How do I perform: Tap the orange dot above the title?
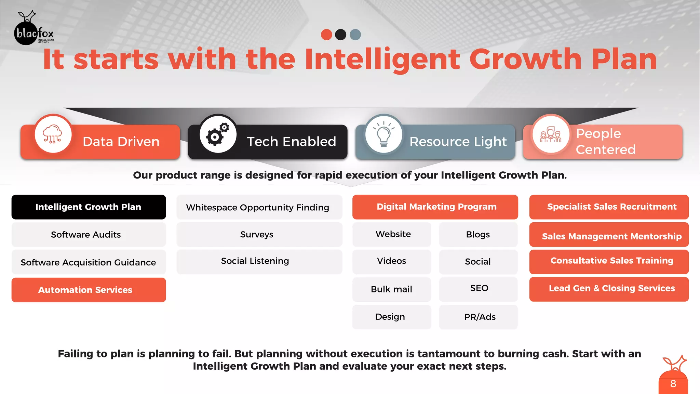(326, 35)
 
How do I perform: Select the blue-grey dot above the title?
(355, 35)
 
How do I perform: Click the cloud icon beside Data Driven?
(53, 134)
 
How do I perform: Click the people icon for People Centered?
(550, 134)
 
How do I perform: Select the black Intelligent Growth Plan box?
(89, 207)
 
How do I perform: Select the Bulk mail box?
(392, 289)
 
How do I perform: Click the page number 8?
(673, 384)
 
